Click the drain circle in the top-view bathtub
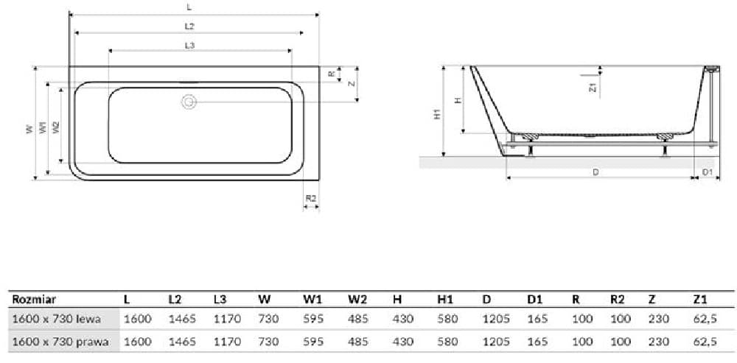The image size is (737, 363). pos(189,102)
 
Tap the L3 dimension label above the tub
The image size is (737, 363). pos(189,45)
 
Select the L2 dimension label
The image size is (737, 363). pos(189,27)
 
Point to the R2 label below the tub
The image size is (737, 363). pos(311,199)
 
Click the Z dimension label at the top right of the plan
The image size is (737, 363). pos(351,84)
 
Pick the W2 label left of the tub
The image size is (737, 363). pos(56,127)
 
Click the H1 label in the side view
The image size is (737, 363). pos(436,113)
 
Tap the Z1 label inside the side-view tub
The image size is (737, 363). pos(593,87)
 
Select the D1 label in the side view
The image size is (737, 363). pos(708,172)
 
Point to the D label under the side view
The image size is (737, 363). pos(595,172)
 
